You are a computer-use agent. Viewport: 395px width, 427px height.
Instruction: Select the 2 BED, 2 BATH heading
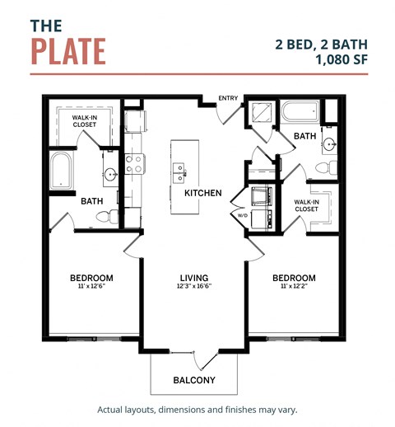pyautogui.click(x=323, y=43)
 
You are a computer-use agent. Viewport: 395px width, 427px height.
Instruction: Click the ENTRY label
pyautogui.click(x=228, y=99)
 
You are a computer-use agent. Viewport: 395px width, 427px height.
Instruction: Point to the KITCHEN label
pyautogui.click(x=202, y=193)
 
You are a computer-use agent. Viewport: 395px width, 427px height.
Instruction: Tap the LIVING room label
pyautogui.click(x=194, y=278)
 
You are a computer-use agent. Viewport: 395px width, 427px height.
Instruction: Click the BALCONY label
pyautogui.click(x=194, y=380)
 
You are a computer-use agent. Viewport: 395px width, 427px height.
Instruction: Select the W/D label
pyautogui.click(x=243, y=216)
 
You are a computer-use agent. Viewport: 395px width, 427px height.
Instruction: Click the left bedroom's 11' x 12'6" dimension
pyautogui.click(x=91, y=288)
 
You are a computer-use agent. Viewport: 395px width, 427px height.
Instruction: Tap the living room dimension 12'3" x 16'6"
pyautogui.click(x=194, y=288)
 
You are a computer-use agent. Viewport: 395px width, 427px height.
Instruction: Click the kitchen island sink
pyautogui.click(x=179, y=172)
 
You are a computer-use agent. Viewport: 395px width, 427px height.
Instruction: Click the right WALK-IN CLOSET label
pyautogui.click(x=307, y=204)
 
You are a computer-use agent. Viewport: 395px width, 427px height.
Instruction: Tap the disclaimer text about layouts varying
pyautogui.click(x=197, y=410)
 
